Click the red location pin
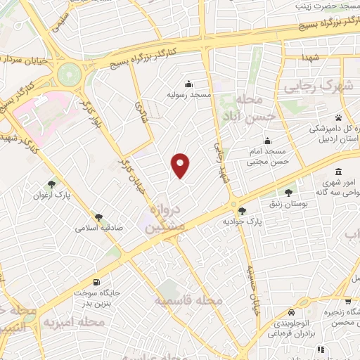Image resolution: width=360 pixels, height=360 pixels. click(181, 165)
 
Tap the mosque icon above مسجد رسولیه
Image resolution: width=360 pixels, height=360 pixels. click(188, 82)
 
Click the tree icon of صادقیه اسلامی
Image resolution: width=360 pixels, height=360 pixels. click(98, 218)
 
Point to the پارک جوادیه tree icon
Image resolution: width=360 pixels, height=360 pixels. click(242, 211)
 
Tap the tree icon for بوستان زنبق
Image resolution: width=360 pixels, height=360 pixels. click(288, 192)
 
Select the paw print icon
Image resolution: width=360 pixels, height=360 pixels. click(338, 117)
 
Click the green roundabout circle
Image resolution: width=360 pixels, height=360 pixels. click(70, 72)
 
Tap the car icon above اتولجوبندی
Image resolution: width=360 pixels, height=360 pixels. click(291, 312)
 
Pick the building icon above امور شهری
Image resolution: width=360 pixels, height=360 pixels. click(339, 172)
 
